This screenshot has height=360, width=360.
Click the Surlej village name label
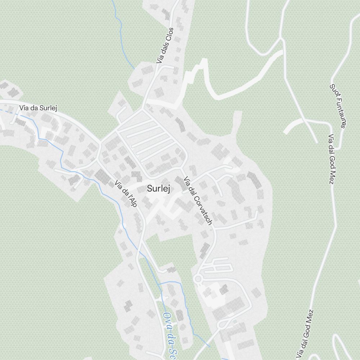[158, 189]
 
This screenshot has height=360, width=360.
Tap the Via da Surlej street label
[39, 108]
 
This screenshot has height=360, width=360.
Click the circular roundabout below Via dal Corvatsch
[198, 279]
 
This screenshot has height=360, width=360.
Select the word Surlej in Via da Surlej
[49, 108]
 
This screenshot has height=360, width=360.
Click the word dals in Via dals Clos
[164, 48]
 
